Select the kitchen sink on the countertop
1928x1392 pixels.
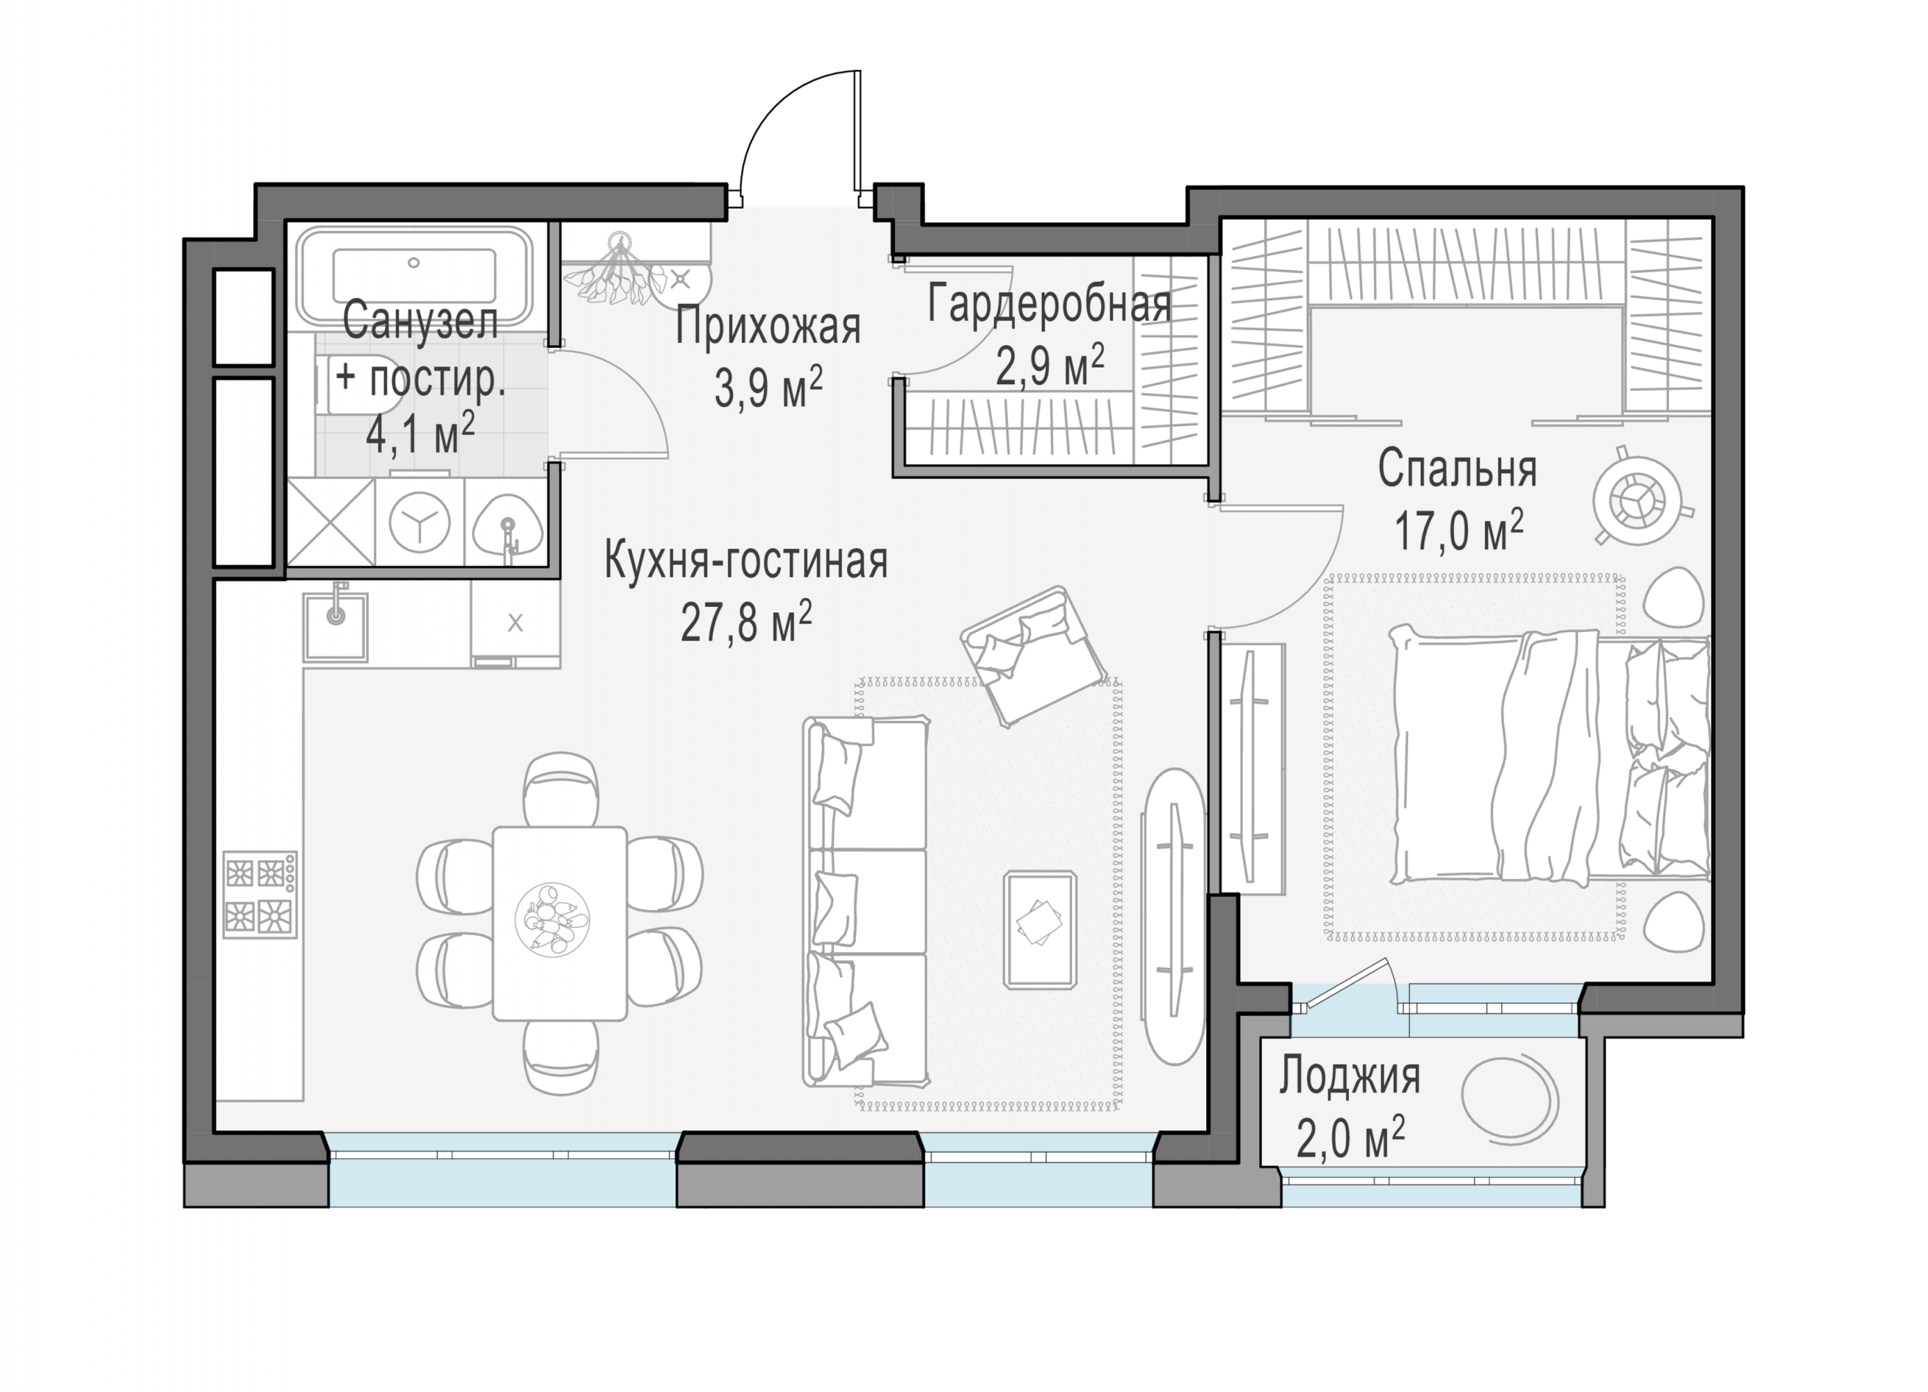pyautogui.click(x=335, y=626)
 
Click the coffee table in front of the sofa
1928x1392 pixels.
pyautogui.click(x=1040, y=930)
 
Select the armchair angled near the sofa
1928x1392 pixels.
pyautogui.click(x=1033, y=656)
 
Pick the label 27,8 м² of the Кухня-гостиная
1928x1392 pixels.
pyautogui.click(x=745, y=622)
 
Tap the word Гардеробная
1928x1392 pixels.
pyautogui.click(x=1049, y=303)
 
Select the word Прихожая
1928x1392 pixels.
pyautogui.click(x=768, y=326)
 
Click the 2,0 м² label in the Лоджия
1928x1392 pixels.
pyautogui.click(x=1350, y=1138)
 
